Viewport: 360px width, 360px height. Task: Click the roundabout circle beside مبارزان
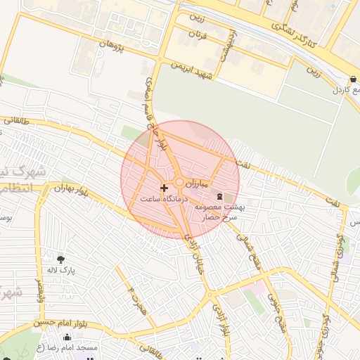tap(180, 183)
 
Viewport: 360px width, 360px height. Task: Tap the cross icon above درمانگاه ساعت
tap(165, 188)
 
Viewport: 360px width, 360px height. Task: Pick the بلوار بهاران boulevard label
tap(73, 188)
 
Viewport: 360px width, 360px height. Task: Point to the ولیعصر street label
tap(39, 289)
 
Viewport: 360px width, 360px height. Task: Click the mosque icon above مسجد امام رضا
tap(66, 337)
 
